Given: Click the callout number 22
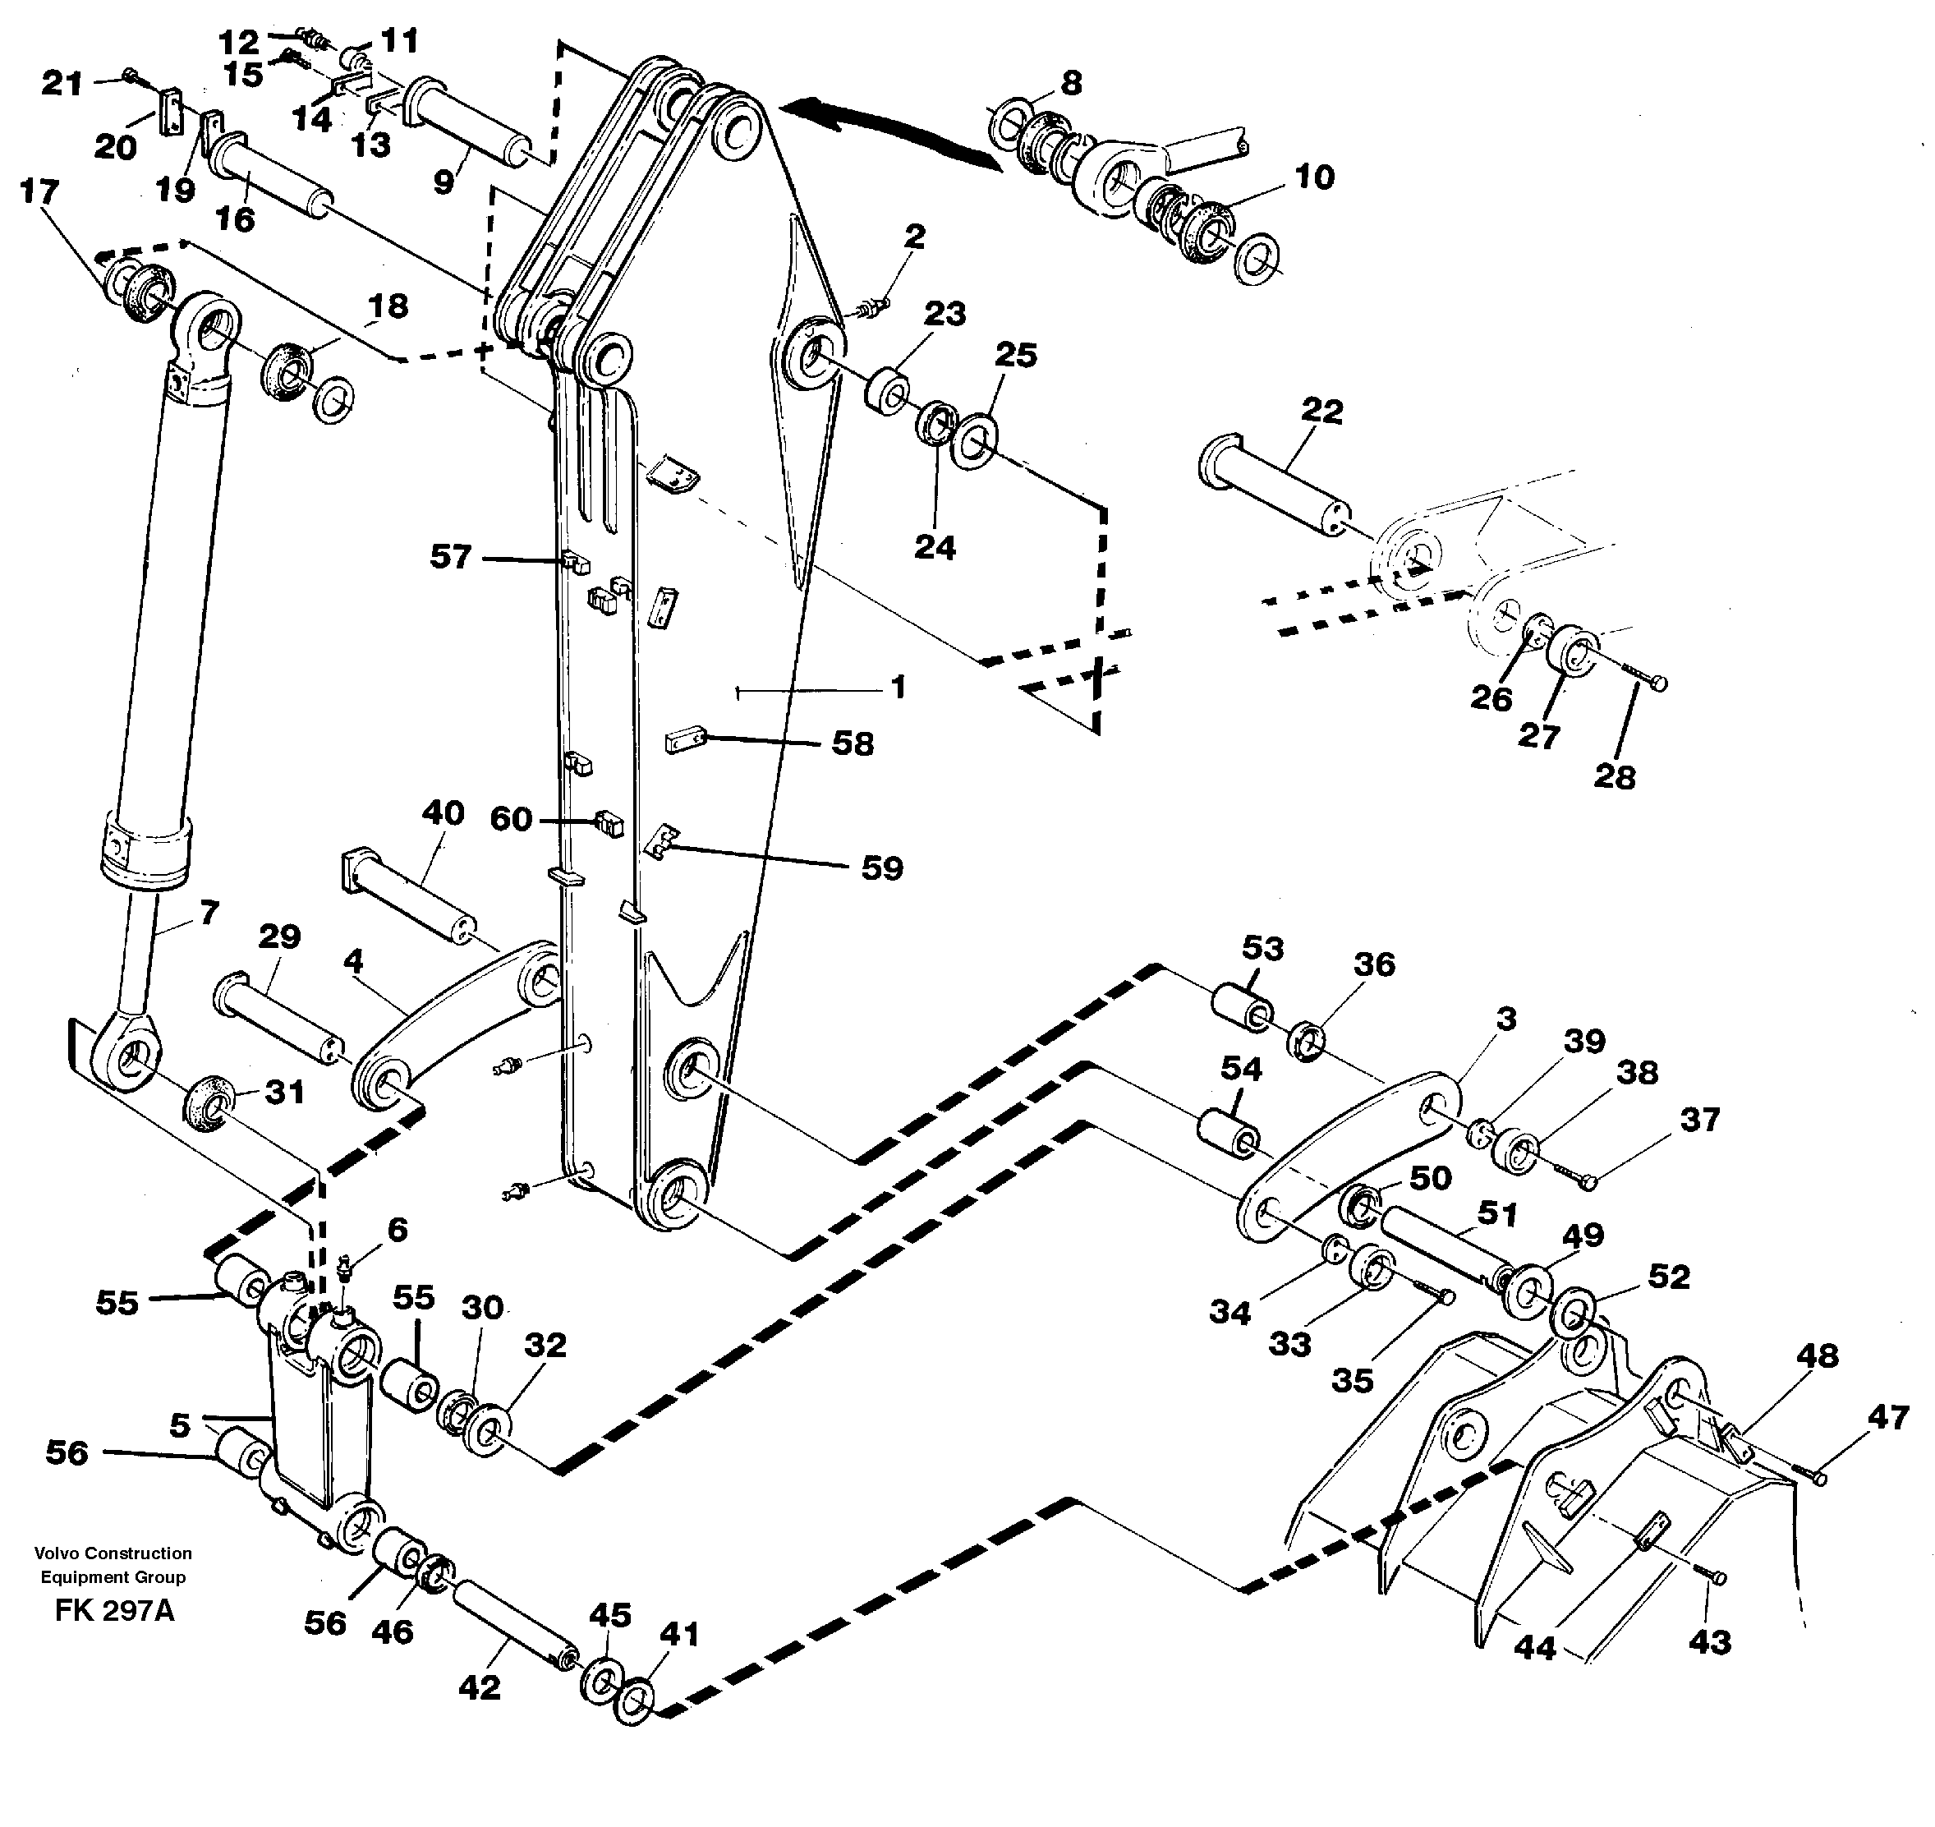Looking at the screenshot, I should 1321,411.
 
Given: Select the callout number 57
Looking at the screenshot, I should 451,557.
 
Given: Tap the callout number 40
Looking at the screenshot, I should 442,812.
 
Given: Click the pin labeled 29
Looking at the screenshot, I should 278,1015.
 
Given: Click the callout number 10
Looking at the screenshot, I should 1314,177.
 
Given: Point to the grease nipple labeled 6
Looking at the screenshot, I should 342,1269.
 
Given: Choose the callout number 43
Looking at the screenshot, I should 1709,1643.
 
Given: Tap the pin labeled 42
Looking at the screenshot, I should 513,1618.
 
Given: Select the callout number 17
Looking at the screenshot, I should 39,192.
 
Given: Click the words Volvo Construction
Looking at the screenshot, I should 113,1554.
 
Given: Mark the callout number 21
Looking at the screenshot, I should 62,83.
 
